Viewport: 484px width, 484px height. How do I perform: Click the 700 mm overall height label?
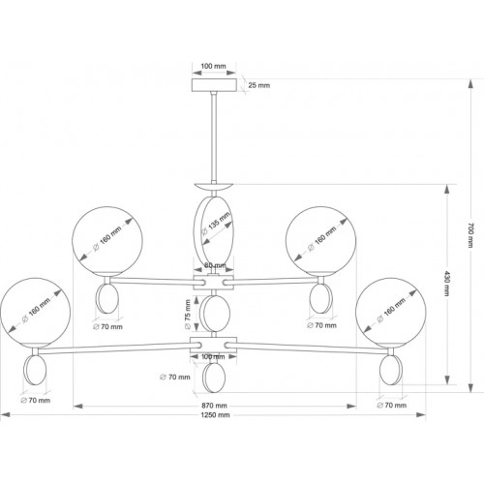470,235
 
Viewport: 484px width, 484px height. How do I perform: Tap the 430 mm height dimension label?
447,283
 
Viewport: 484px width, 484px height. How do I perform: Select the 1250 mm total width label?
215,415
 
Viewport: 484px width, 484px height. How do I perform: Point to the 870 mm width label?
214,406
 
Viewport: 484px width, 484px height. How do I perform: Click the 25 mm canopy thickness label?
259,85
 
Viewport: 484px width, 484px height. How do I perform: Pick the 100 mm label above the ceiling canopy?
214,66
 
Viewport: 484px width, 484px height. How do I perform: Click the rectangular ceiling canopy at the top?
214,85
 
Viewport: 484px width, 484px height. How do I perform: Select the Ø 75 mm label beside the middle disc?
188,315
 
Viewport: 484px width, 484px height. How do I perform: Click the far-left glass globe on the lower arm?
35,313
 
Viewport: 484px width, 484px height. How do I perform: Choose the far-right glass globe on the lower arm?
391,314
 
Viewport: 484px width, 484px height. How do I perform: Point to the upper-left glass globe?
107,242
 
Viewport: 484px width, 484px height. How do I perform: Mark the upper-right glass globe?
321,242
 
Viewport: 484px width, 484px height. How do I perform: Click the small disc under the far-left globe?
35,370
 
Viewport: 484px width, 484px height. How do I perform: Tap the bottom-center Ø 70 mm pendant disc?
213,378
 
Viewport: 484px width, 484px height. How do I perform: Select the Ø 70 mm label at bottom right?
392,405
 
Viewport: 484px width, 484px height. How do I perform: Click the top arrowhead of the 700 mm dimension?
470,83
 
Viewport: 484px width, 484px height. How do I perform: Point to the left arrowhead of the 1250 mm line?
5,415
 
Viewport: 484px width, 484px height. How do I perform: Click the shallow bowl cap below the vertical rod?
214,187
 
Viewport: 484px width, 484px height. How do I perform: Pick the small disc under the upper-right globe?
320,298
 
